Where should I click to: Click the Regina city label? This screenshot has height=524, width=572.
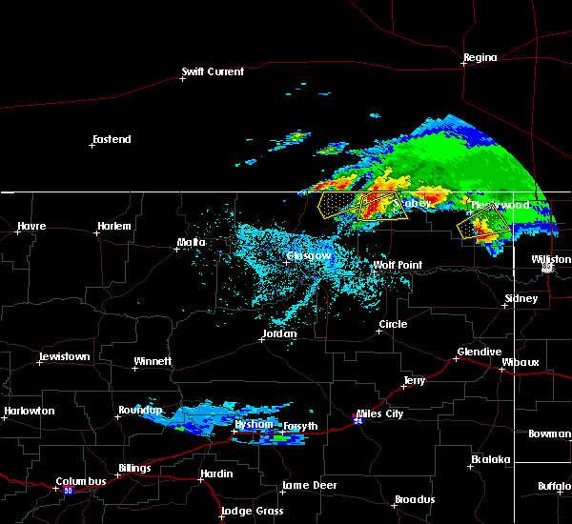480,58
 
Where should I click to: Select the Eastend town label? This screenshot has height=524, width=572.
112,140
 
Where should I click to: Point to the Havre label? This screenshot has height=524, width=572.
32,226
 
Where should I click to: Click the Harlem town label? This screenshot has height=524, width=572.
113,226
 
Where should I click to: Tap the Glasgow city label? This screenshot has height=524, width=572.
310,256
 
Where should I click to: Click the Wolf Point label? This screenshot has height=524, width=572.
398,266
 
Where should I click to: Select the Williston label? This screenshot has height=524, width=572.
551,259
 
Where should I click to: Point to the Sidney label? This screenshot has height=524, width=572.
521,298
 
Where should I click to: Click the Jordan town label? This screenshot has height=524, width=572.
279,334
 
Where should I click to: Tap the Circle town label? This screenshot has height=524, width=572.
393,324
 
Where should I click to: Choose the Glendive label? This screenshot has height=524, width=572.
479,352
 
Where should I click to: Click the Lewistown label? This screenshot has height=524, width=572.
64,357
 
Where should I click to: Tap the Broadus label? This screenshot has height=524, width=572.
416,499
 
